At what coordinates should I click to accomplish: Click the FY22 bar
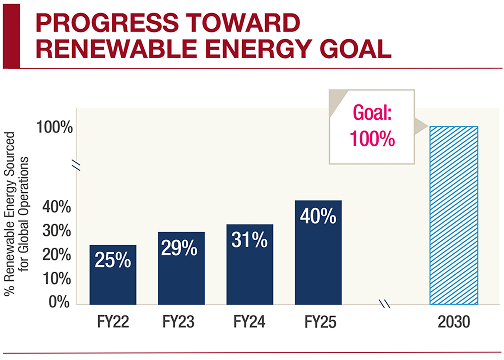tap(112, 273)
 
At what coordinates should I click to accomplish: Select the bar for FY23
tap(181, 267)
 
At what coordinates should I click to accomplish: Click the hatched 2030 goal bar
tap(453, 214)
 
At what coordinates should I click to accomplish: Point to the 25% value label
tap(112, 260)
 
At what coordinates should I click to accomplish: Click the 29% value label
tap(181, 247)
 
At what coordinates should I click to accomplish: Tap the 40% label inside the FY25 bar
tap(318, 216)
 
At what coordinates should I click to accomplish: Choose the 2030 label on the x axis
tap(453, 323)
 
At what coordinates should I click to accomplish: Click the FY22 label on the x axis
tap(112, 323)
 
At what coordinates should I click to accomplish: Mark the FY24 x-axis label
tap(249, 323)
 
